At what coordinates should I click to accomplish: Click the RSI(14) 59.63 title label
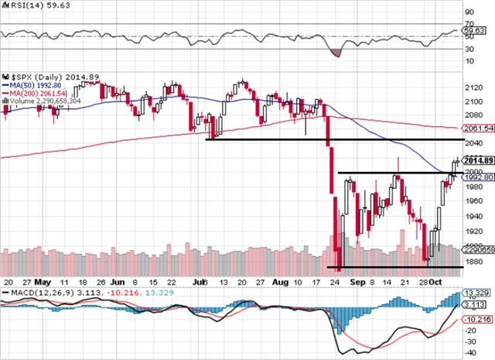click(28, 6)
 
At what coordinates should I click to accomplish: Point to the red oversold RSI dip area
click(335, 52)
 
